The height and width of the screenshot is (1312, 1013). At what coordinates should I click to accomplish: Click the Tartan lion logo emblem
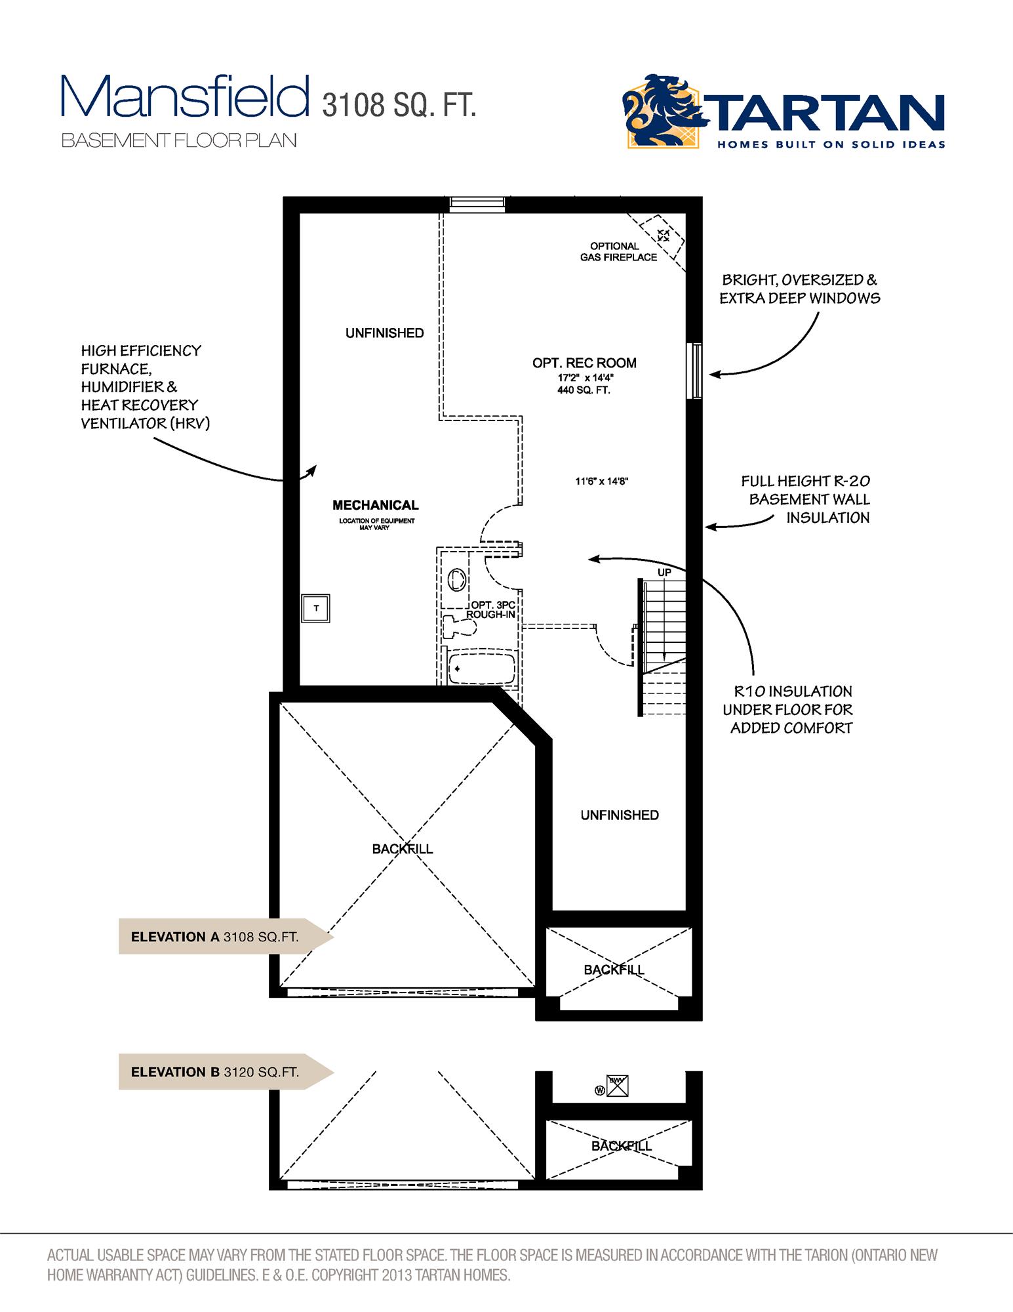click(x=662, y=112)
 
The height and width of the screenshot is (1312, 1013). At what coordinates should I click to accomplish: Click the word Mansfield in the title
click(x=185, y=97)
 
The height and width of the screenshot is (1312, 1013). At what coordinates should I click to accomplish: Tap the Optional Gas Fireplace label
click(x=618, y=252)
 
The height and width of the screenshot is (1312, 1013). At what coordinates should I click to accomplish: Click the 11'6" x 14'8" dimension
click(x=602, y=482)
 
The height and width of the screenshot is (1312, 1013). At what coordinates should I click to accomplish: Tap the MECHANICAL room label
click(x=375, y=505)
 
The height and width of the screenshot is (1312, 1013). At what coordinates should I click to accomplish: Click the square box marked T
click(x=316, y=608)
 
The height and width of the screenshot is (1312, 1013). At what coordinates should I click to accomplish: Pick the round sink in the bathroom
click(x=457, y=580)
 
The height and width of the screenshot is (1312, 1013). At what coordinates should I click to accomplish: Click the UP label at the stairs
click(x=664, y=573)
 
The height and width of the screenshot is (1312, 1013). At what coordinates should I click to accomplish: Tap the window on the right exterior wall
click(x=696, y=371)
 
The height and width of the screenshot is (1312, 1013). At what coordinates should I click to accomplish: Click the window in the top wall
click(x=477, y=205)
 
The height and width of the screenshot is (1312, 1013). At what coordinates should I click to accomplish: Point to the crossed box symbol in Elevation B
click(x=618, y=1086)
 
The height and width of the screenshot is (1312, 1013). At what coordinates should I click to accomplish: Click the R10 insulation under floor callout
click(x=790, y=709)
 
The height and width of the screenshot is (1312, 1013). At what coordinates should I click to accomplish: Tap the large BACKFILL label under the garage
click(x=402, y=849)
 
